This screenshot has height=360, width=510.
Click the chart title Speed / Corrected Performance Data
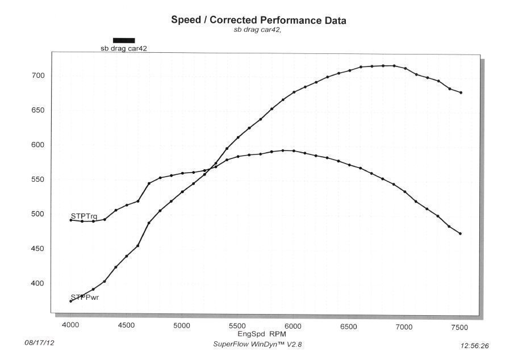258,20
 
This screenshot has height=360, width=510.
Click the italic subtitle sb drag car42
258,30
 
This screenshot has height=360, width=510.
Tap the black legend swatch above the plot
124,40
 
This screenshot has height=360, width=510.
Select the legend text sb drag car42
124,49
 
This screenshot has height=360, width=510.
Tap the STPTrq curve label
84,216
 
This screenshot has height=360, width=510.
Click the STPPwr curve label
84,297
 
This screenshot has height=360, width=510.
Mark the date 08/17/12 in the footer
39,344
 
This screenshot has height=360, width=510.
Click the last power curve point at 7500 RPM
461,93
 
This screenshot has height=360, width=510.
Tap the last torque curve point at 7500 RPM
461,233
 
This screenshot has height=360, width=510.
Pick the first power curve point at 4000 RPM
70,301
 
